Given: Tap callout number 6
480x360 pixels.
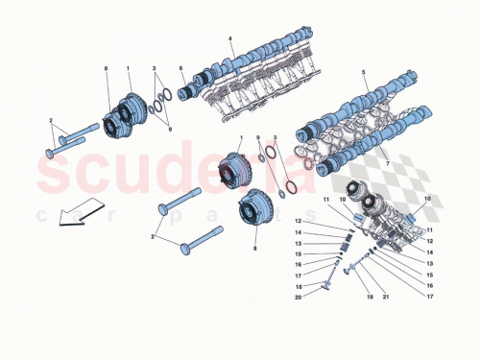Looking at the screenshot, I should (180, 68).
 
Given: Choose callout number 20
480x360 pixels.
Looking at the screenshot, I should (298, 297).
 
